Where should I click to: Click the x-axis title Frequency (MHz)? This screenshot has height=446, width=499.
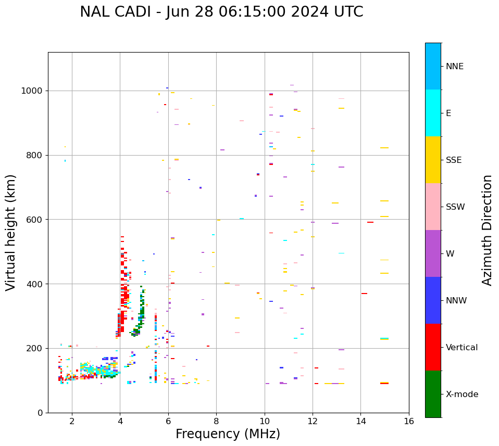[228, 434]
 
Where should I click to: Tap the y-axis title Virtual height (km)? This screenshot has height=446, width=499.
[11, 232]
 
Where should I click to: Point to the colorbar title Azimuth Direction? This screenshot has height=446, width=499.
[487, 230]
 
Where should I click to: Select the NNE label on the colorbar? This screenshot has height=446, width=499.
[454, 67]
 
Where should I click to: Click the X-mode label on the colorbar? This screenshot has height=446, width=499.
[461, 394]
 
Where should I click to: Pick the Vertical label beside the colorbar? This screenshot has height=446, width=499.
[461, 348]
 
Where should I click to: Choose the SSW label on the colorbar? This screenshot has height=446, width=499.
[455, 207]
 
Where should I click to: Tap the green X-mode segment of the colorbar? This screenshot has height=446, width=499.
[433, 394]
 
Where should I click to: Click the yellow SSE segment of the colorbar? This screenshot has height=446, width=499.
[433, 160]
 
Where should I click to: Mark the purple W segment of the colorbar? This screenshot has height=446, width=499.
[433, 253]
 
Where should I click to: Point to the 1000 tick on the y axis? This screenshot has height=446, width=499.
[32, 91]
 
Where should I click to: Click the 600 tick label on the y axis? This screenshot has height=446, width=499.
[34, 220]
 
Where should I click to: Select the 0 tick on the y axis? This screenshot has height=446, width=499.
[40, 413]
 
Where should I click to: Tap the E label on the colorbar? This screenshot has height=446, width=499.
[448, 113]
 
